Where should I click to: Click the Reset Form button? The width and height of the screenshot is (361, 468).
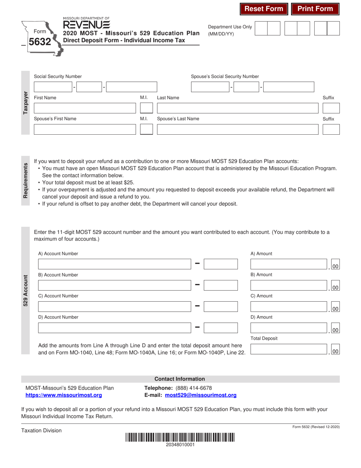point(264,9)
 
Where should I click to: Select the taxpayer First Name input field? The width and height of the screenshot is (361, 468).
point(85,108)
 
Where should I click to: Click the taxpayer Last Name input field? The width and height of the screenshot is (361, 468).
point(237,108)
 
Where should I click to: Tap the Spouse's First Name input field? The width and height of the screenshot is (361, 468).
point(85,130)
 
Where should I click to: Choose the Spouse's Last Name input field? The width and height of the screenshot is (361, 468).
point(237,130)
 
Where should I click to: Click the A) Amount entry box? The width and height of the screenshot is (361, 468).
point(289,264)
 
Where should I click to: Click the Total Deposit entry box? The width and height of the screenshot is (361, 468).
point(289,349)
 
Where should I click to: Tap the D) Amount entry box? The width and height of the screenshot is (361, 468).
point(289,328)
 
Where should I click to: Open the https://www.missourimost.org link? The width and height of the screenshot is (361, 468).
point(63,395)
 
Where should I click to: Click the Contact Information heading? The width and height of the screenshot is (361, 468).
point(180,379)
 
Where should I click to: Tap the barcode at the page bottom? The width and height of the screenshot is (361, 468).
point(180,438)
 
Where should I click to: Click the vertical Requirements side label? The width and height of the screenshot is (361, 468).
point(25,180)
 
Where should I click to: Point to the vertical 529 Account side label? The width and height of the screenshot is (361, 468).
point(25,291)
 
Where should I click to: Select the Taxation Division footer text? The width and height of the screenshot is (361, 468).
point(41,430)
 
